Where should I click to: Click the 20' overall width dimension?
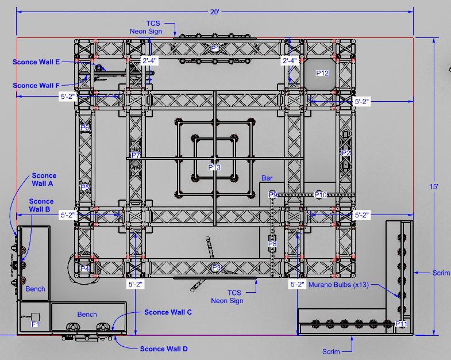(215, 12)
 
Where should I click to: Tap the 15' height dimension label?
(434, 187)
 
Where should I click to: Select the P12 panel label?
(322, 73)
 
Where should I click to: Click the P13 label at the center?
(214, 167)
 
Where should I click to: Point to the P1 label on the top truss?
(215, 48)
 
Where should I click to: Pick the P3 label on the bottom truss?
(216, 268)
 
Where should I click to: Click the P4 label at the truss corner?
(85, 269)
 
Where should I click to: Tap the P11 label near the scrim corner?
(401, 324)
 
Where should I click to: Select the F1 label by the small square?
(35, 324)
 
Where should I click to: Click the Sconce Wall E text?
(36, 62)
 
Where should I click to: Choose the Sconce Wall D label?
(164, 349)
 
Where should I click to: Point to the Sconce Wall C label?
(168, 312)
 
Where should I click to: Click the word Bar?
(267, 178)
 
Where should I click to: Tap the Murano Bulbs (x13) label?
(338, 285)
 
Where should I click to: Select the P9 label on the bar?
(273, 195)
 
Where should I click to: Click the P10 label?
(321, 195)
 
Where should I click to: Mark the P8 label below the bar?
(272, 244)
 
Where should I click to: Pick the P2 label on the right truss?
(346, 153)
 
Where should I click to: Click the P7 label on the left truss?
(136, 155)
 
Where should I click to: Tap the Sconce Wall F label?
(36, 86)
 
